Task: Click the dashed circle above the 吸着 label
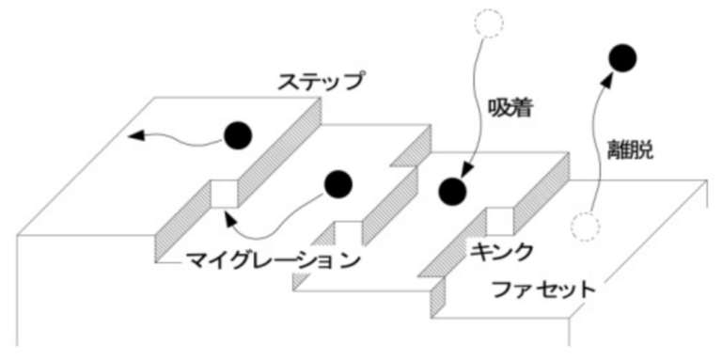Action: point(491,23)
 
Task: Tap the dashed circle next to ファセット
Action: point(586,226)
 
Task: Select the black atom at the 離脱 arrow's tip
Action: point(619,58)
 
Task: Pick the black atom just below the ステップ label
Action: point(239,137)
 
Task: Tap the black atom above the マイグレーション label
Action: point(337,184)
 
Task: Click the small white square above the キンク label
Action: point(498,222)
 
